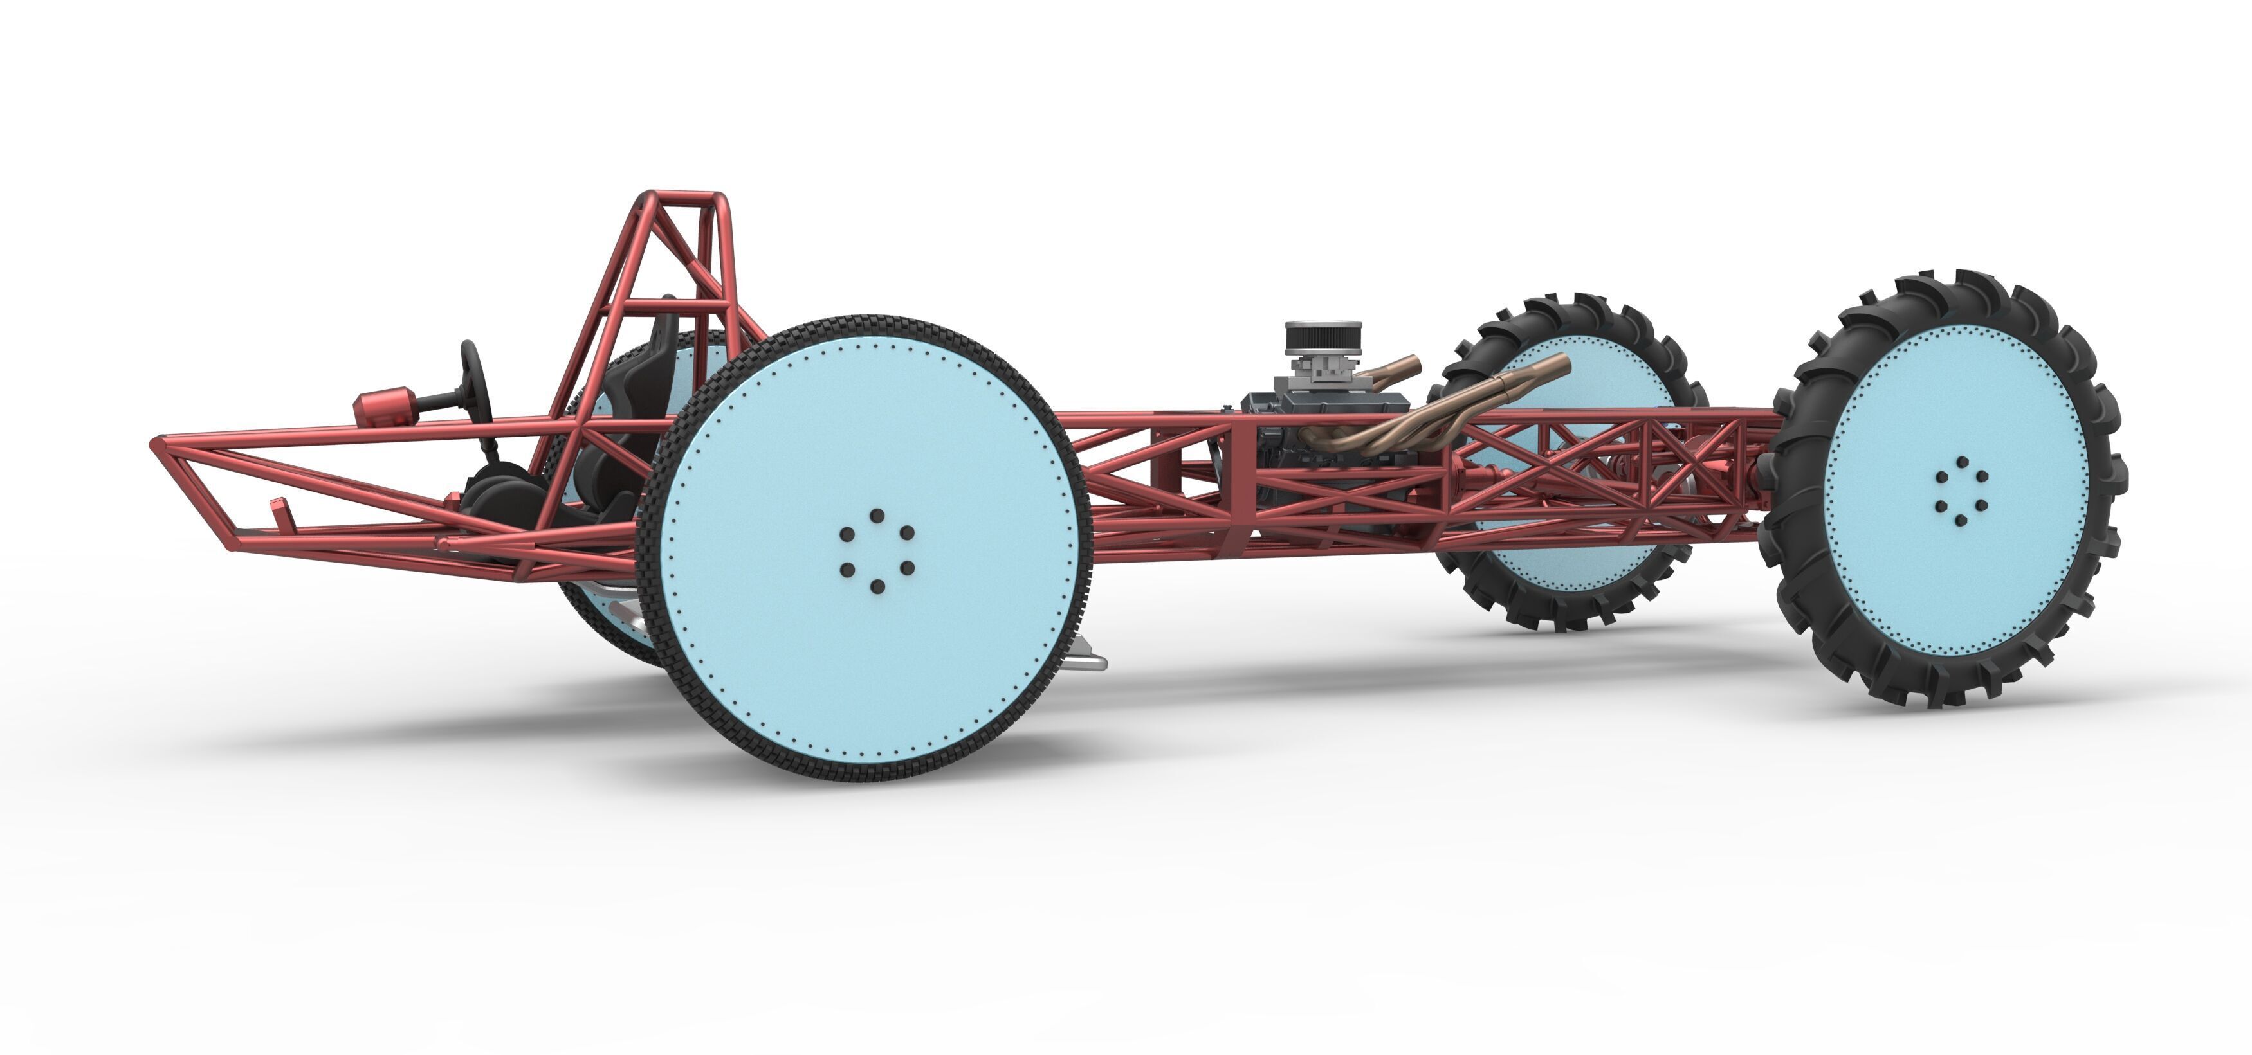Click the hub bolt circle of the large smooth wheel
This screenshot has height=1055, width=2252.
[877, 551]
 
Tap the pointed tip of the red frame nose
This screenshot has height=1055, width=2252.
[158, 443]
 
